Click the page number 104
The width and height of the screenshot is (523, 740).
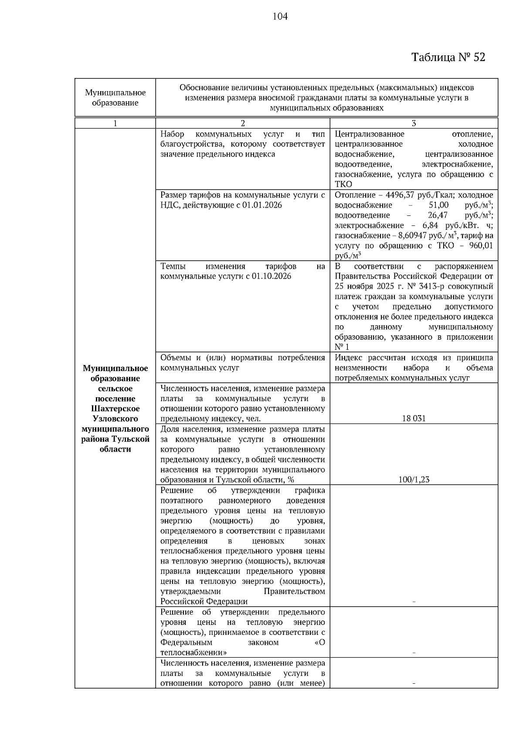[x=280, y=17]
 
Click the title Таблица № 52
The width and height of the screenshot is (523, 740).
[x=448, y=57]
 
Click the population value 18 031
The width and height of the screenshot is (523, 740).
[x=414, y=419]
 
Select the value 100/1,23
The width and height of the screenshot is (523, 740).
[x=414, y=480]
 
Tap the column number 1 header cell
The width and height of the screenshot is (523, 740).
[x=115, y=123]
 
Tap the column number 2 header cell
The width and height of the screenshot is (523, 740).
[x=243, y=123]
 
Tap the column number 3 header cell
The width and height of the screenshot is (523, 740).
[x=414, y=123]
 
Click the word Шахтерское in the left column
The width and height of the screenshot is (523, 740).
[x=115, y=409]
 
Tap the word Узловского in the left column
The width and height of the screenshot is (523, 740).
[x=115, y=419]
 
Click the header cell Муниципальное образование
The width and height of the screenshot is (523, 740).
[x=115, y=98]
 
